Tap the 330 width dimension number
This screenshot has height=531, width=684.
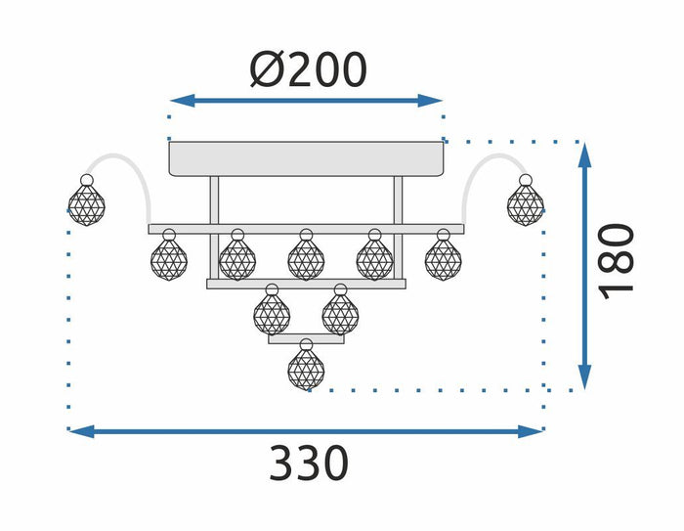(308, 463)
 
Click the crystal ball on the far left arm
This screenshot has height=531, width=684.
(87, 201)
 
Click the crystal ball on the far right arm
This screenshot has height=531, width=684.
(525, 202)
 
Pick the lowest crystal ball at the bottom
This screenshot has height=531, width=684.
(307, 368)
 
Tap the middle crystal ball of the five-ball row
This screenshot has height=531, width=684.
(306, 258)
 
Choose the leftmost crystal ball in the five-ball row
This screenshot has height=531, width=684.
(168, 258)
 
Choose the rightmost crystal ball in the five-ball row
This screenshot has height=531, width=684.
(443, 258)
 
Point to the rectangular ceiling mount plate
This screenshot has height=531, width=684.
(307, 158)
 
